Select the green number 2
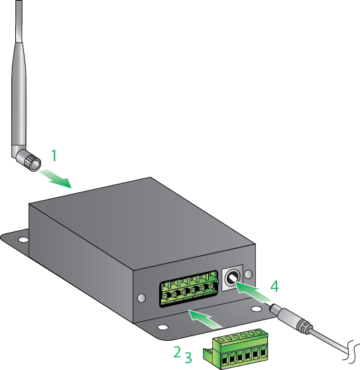point(177,352)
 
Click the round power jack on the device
point(233,278)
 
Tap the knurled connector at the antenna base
point(29,159)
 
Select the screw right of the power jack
point(248,273)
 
